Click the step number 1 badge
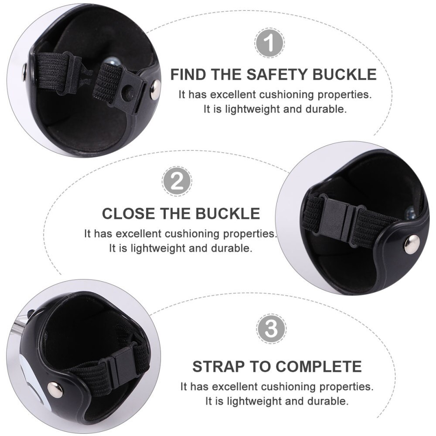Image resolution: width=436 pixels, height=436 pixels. coord(269,43)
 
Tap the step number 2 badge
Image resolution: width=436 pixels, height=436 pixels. coord(177,181)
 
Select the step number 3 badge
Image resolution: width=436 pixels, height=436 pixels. coord(271,329)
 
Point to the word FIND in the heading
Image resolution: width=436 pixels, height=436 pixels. coord(188,75)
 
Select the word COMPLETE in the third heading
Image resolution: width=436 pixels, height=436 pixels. coord(319,366)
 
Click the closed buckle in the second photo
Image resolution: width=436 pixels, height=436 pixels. coord(341,219)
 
